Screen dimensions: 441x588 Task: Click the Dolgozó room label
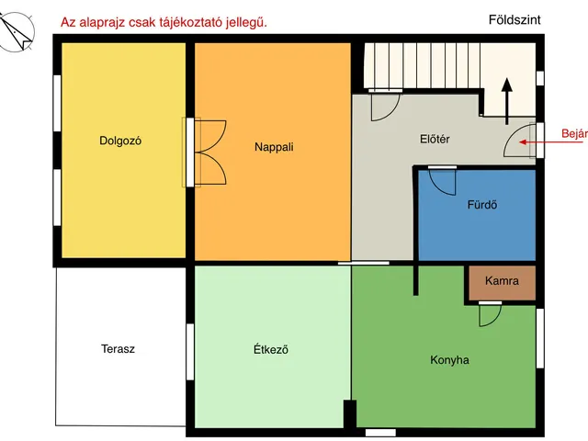pos(126,141)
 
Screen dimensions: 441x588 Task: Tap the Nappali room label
pos(274,146)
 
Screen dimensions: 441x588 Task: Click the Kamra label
pos(502,281)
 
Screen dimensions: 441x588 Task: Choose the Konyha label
pos(449,360)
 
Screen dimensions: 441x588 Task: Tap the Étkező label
pos(271,349)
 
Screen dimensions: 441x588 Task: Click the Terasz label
pos(119,349)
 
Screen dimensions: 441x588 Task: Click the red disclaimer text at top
pos(164,21)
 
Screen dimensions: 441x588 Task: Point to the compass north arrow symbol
pos(17,34)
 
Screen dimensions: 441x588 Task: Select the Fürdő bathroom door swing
pos(442,181)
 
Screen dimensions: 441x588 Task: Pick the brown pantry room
pos(502,284)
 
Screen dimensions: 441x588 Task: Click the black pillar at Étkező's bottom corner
pos(349,413)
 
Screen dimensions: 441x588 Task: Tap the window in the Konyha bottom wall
pos(379,432)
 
